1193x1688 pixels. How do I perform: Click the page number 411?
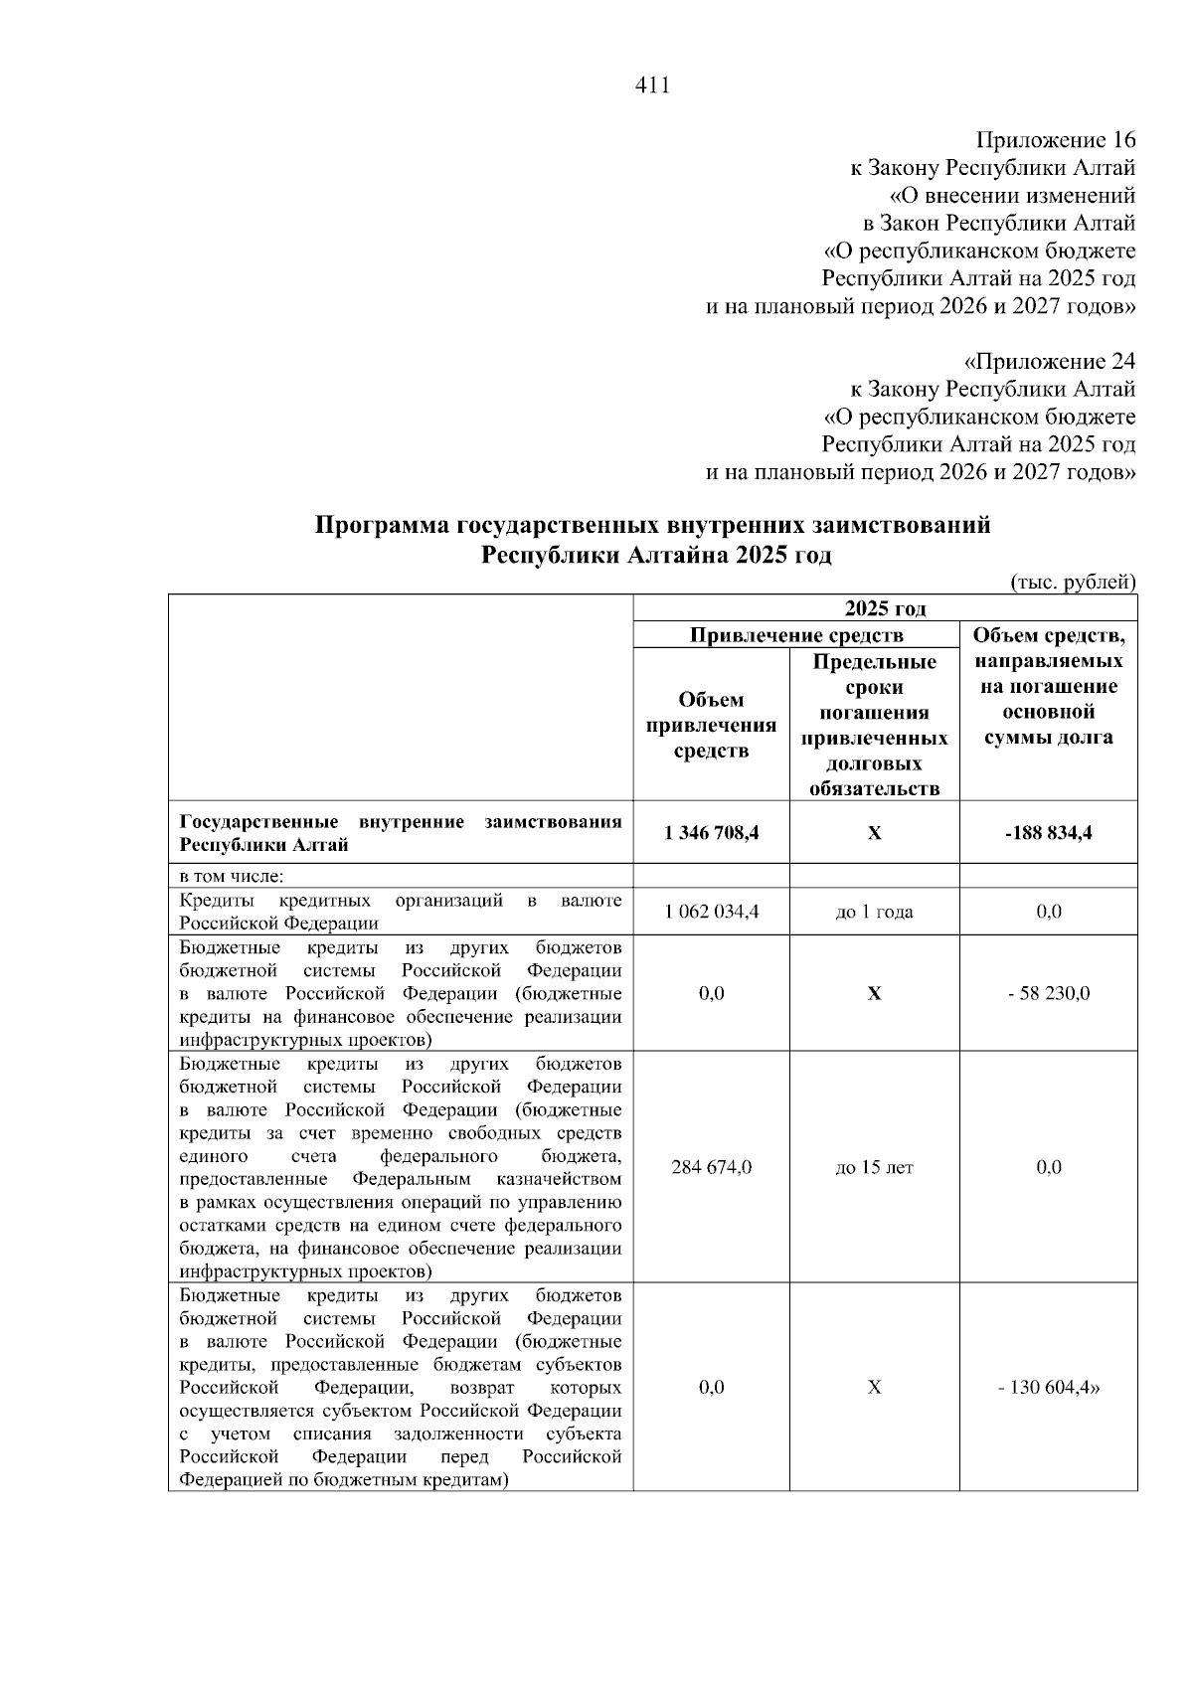point(652,85)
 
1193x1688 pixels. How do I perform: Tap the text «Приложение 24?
point(1050,360)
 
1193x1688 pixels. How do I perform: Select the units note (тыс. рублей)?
point(1073,581)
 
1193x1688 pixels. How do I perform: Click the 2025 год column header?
point(885,608)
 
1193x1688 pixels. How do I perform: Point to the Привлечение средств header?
point(796,635)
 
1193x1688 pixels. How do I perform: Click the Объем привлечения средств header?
point(711,725)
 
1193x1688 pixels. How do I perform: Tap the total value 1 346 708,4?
point(711,833)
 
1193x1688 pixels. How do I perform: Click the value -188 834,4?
point(1048,833)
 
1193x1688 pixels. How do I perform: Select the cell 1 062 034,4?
point(711,912)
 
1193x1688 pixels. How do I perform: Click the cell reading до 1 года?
point(874,912)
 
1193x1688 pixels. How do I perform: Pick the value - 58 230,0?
point(1048,993)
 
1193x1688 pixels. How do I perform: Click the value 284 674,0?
point(711,1167)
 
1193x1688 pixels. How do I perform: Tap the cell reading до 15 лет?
point(874,1167)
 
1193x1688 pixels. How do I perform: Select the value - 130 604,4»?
point(1049,1388)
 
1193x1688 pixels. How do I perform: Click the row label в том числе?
point(231,877)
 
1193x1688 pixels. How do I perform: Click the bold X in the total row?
point(874,833)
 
